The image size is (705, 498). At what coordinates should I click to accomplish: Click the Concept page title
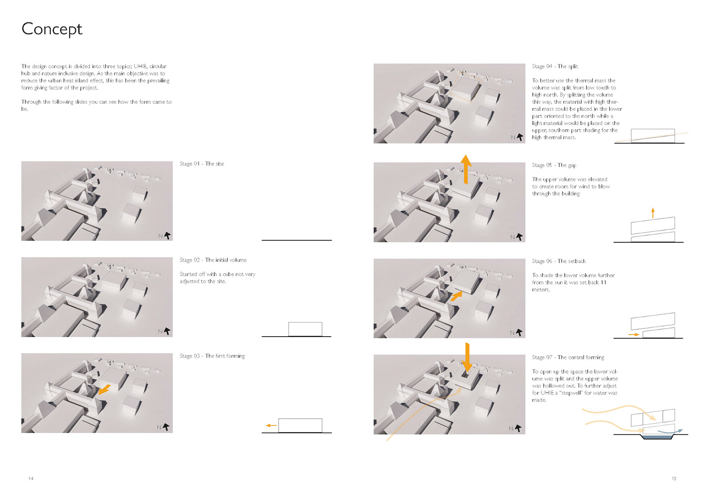pos(52,29)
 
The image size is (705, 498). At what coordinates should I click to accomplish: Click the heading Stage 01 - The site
pos(202,164)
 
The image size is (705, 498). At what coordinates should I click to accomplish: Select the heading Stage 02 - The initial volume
pos(213,260)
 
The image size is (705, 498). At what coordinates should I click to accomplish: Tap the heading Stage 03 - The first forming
pos(212,356)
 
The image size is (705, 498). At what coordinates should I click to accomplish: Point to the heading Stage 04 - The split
pos(555,66)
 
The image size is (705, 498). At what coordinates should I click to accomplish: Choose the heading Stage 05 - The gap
pos(554,165)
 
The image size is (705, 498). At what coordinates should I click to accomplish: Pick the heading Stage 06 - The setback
pos(559,261)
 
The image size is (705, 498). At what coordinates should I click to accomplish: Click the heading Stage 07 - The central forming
pos(568,357)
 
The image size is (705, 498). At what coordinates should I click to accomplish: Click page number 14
pos(31,479)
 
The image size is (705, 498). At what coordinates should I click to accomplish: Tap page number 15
pos(674,479)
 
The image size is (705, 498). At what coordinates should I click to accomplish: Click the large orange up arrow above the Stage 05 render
pos(466,169)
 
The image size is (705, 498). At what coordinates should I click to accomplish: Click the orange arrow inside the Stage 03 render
pos(105,390)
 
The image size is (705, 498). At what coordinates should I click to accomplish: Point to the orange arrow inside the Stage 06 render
pos(456,296)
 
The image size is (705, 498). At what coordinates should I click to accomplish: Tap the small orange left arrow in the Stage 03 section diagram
pos(271,425)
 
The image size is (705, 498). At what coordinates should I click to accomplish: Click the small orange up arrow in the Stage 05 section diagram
pos(653,213)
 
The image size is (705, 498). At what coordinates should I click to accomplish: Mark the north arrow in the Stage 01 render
pos(167,235)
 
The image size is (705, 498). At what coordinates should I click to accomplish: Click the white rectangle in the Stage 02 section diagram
pos(305,329)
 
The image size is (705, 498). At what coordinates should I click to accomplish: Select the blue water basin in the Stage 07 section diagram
pos(657,437)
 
